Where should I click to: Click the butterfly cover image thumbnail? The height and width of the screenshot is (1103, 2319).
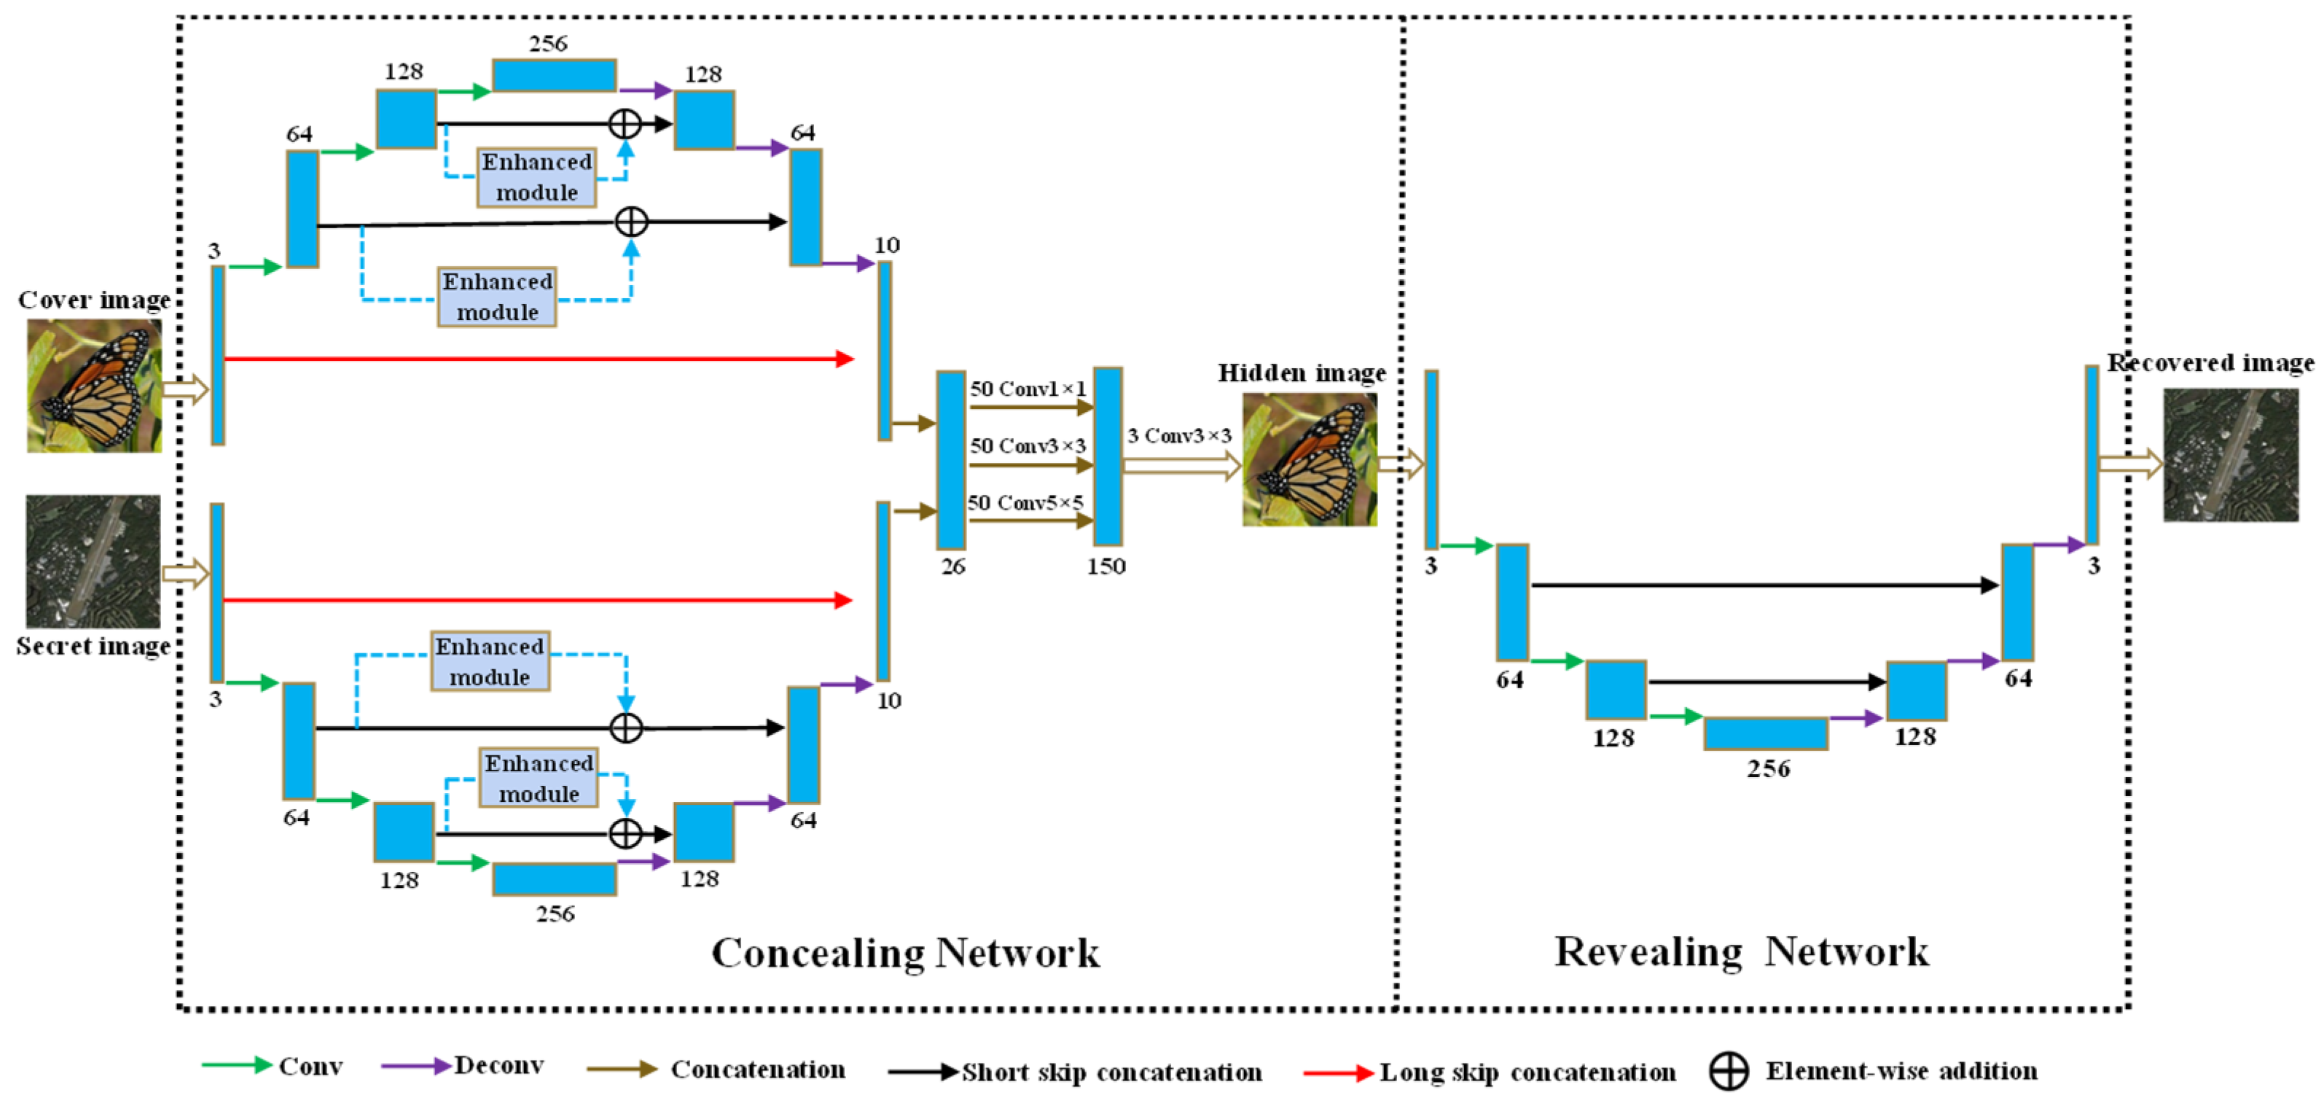pos(93,386)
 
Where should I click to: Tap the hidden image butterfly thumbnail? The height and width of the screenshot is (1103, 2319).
pos(1309,460)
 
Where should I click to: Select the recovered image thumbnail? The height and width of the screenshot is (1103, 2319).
pos(2230,455)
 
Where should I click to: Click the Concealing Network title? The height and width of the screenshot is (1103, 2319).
pos(904,953)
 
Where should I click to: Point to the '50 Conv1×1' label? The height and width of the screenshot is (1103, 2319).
pos(1027,389)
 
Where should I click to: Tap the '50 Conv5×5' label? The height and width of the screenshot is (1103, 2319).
pos(1025,502)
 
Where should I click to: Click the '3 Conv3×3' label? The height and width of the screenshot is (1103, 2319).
pos(1178,436)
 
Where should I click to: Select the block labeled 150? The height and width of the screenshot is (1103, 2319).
pos(1107,456)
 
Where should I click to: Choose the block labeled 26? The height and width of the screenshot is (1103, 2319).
pos(950,460)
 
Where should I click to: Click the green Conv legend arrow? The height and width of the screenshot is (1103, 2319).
pos(236,1065)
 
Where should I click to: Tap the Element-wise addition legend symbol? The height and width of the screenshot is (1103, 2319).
pos(1729,1072)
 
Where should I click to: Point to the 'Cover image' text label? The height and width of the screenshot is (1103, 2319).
pos(93,300)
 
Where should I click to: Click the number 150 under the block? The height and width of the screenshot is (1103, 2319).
pos(1106,566)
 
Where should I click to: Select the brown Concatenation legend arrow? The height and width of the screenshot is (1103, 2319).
pos(621,1069)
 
